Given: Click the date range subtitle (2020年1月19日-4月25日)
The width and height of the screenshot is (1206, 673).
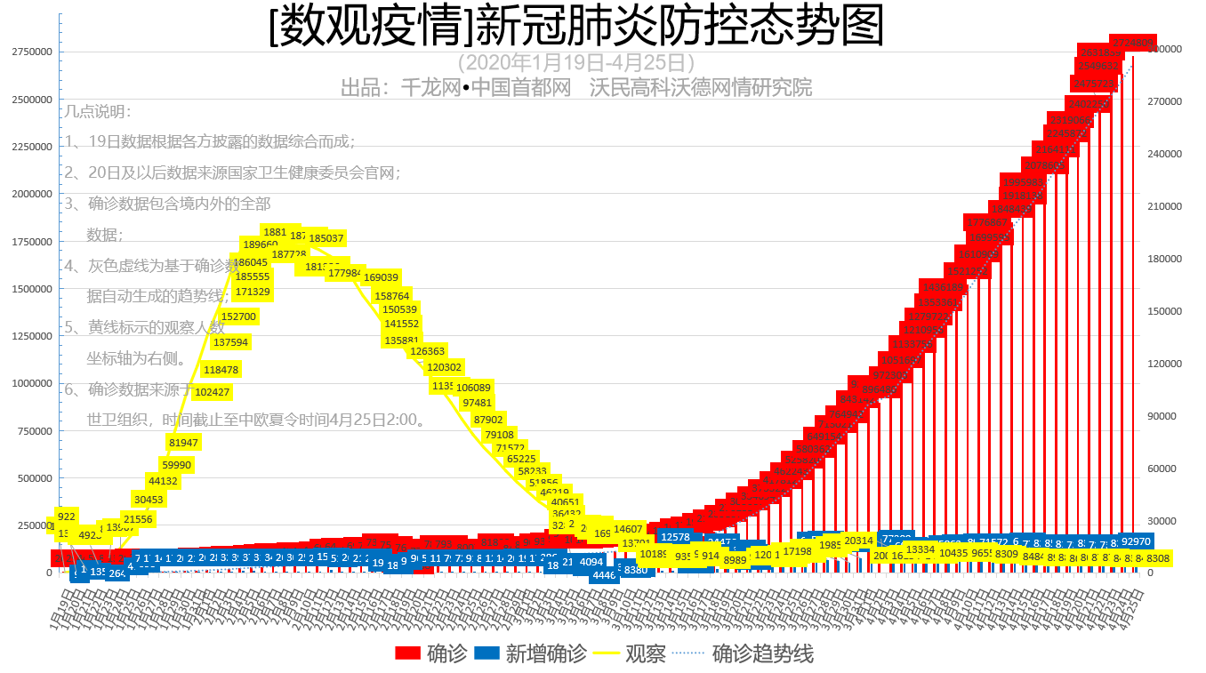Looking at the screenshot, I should (575, 63).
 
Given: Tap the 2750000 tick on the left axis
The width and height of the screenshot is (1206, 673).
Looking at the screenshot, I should (32, 52).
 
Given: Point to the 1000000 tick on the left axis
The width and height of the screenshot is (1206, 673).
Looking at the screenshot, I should (32, 383).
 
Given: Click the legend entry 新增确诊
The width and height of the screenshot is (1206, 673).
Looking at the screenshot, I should (531, 654).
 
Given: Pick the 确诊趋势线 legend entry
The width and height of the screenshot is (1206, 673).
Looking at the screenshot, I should (747, 654).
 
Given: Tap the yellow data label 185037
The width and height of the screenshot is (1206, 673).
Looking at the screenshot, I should (326, 238).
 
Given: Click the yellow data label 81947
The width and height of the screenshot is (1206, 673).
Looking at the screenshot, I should (183, 442).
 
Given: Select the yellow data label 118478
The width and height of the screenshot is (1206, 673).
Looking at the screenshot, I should (221, 370).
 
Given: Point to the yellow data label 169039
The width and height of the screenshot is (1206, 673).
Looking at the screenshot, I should (381, 277).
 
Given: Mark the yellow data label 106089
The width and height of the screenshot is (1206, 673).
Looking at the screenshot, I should (473, 388).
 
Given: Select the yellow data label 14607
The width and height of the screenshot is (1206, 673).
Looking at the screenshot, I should (628, 529).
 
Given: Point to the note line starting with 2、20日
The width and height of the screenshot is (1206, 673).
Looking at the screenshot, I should (233, 172).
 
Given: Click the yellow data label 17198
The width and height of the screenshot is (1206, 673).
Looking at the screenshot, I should (797, 551).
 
